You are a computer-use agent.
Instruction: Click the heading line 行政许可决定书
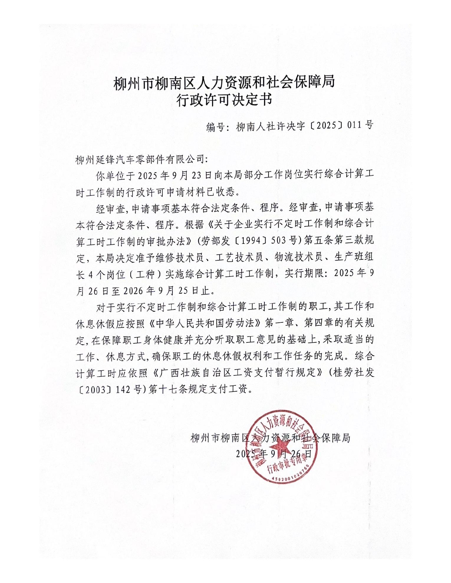coord(224,100)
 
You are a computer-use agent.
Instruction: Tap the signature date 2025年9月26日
coord(274,454)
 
